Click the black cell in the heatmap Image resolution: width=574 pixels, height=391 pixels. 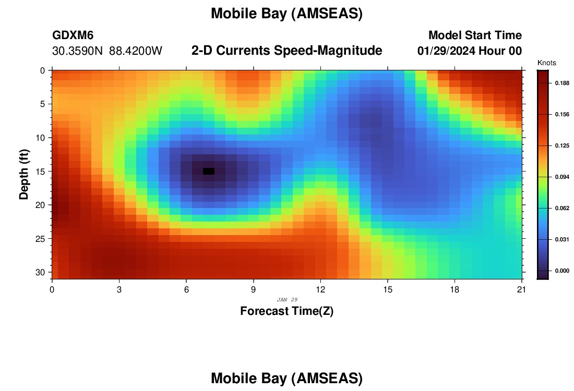[x=209, y=171]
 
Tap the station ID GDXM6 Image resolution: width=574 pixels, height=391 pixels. [x=73, y=35]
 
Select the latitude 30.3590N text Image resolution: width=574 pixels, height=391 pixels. [x=78, y=51]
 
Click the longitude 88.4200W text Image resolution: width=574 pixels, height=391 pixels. [x=136, y=51]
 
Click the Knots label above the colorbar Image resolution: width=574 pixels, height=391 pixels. [x=546, y=63]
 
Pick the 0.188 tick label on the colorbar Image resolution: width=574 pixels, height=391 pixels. [x=563, y=83]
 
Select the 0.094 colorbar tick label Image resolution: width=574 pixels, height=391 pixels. [x=563, y=177]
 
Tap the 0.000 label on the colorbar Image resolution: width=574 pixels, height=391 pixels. [x=563, y=271]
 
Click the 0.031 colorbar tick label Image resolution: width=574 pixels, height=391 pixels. [x=563, y=240]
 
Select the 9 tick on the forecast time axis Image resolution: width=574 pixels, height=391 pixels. [x=253, y=290]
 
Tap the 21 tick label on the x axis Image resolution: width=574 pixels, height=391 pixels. [x=521, y=290]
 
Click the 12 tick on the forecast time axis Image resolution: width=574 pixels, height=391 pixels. [x=320, y=290]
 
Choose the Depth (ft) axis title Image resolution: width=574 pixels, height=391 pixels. [x=24, y=174]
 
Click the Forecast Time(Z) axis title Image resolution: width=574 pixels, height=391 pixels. [x=286, y=311]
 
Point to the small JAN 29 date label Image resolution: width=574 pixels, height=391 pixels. [x=287, y=300]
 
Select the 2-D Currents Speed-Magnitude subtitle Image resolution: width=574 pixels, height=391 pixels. [x=286, y=51]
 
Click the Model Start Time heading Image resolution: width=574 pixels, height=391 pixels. [x=475, y=35]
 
